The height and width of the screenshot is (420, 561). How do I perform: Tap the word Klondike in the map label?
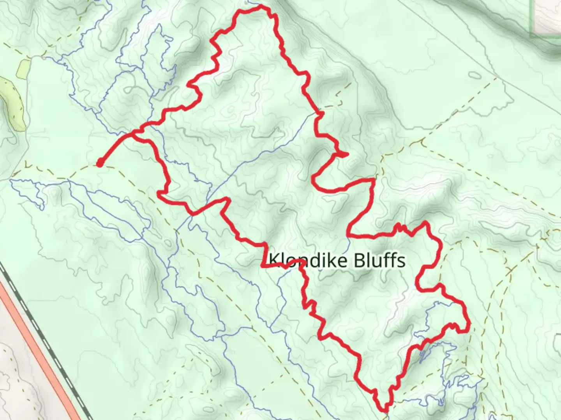[308, 260]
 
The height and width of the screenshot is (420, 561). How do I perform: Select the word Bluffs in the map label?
[379, 260]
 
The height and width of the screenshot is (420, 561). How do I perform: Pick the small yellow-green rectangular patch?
[23, 68]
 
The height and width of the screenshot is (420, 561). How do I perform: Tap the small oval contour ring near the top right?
[474, 75]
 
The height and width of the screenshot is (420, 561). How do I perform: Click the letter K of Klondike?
[274, 260]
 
